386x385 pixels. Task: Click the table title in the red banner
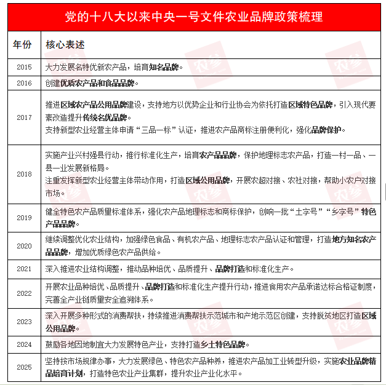tap(193, 16)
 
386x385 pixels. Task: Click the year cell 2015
tap(24, 67)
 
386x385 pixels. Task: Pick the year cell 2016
tap(24, 82)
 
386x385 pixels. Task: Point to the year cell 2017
tap(24, 117)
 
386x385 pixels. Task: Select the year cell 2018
tap(24, 174)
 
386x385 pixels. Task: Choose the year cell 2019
tap(24, 218)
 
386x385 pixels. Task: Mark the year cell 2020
tap(24, 246)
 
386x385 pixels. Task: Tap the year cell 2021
tap(24, 269)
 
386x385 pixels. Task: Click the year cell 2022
tap(24, 293)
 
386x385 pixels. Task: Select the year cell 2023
tap(24, 322)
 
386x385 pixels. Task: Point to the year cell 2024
tap(24, 344)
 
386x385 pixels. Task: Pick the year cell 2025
tap(24, 367)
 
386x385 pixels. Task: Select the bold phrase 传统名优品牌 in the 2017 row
tap(104, 116)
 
